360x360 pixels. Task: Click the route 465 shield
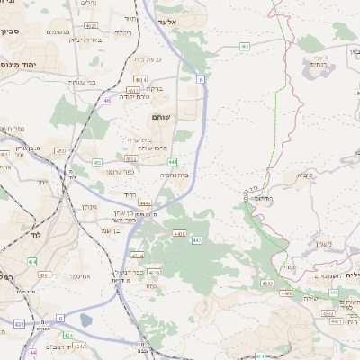245,45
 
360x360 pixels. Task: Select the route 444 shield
170,161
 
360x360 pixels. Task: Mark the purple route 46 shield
106,101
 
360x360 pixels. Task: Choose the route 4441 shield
145,204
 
